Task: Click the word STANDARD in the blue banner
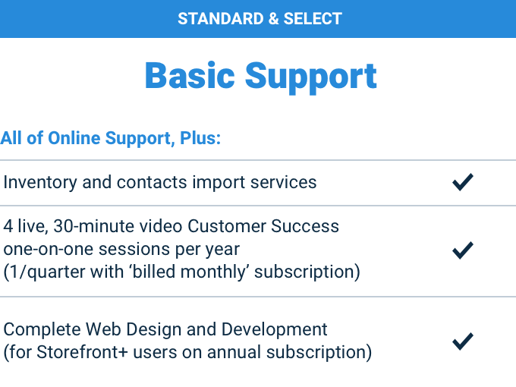tap(221, 19)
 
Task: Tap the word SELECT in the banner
tap(313, 19)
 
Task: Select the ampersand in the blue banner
tap(274, 19)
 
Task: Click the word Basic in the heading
tap(190, 76)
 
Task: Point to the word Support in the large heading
tap(310, 77)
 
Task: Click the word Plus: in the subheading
tap(200, 138)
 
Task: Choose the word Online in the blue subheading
tap(74, 138)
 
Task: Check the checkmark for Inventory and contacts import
tap(463, 182)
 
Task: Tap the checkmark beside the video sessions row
tap(463, 250)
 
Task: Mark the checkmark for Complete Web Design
tap(463, 341)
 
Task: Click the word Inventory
tap(39, 183)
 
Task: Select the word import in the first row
tap(219, 183)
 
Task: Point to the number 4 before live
tap(8, 226)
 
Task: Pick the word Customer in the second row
tap(227, 226)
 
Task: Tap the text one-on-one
tap(49, 249)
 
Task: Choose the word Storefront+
tap(82, 352)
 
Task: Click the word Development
tap(274, 330)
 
